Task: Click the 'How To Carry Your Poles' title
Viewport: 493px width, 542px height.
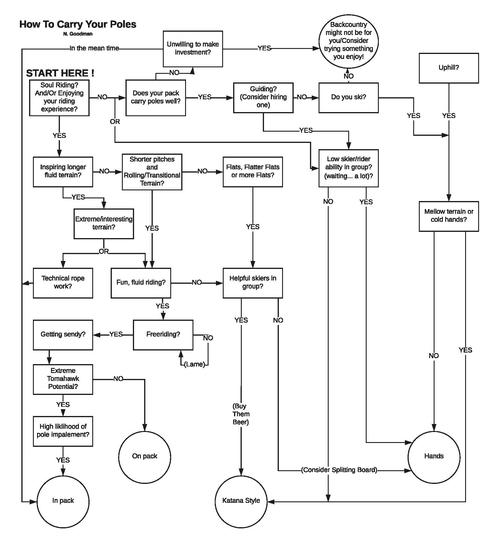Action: (x=78, y=24)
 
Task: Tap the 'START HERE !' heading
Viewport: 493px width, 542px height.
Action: (x=60, y=73)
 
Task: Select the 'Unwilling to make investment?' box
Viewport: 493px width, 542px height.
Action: (x=193, y=49)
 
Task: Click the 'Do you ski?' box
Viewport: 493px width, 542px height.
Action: (x=349, y=98)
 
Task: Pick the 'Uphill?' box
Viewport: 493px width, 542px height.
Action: (x=449, y=68)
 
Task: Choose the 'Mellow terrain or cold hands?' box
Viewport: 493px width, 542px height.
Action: (x=449, y=216)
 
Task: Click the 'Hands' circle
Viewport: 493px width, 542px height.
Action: (x=434, y=456)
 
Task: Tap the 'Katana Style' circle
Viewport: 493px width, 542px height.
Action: (x=241, y=501)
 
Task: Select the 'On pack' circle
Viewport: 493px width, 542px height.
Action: (x=144, y=456)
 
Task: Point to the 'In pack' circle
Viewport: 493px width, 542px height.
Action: (x=63, y=501)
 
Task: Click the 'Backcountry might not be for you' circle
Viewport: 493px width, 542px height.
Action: (x=349, y=41)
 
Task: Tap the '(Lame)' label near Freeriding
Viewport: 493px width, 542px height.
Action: (x=195, y=364)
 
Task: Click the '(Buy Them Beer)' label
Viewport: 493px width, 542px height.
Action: (x=241, y=414)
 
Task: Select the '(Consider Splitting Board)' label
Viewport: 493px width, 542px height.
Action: (x=339, y=470)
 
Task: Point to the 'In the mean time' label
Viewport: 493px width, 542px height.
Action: (x=94, y=48)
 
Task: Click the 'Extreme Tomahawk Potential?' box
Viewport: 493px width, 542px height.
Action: (x=63, y=379)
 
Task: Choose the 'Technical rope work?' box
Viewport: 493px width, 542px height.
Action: (x=63, y=283)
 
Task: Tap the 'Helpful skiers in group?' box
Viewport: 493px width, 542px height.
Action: (x=253, y=283)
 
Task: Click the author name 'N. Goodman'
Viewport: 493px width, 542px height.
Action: (x=78, y=34)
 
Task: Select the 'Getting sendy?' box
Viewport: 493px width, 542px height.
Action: (x=63, y=334)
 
